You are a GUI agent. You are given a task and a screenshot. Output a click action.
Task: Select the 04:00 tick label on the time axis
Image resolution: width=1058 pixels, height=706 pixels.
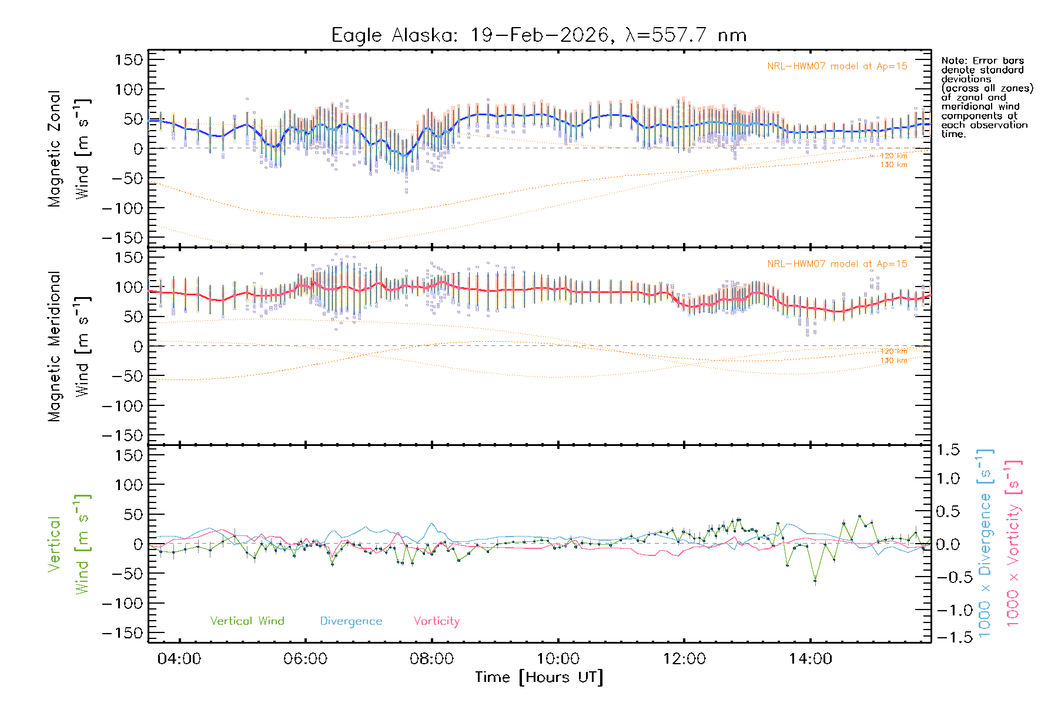[x=179, y=659]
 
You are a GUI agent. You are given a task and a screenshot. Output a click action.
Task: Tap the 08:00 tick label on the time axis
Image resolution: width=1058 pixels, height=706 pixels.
[x=431, y=659]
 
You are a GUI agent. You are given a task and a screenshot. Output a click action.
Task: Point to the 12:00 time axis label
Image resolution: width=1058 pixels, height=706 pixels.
[x=684, y=659]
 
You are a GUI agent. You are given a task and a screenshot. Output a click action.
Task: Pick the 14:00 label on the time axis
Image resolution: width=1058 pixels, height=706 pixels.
[x=810, y=659]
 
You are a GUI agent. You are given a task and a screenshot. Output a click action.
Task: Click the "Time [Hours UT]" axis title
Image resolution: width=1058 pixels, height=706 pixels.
[x=539, y=677]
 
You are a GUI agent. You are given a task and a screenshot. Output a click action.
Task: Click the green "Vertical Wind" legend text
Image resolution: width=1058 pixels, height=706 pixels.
[x=247, y=621]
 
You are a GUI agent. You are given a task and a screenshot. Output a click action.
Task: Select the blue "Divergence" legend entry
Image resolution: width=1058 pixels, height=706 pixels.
[x=351, y=621]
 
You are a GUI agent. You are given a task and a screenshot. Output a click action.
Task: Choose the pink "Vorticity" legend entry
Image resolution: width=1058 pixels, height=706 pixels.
[x=436, y=621]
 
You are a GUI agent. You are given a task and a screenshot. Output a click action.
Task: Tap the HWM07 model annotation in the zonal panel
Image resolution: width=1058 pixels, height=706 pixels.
[x=837, y=66]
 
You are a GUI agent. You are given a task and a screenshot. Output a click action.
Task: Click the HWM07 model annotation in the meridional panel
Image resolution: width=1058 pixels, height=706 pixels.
[x=837, y=264]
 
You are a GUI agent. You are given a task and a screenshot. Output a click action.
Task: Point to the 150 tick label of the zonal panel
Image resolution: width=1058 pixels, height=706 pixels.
[x=129, y=59]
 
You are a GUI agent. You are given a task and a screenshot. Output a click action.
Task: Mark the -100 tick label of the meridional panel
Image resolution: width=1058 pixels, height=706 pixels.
[x=122, y=405]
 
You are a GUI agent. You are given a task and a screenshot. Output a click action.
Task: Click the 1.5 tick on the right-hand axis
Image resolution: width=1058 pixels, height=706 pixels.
[x=947, y=450]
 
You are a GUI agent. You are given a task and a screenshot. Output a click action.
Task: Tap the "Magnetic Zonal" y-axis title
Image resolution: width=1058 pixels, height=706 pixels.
[x=54, y=148]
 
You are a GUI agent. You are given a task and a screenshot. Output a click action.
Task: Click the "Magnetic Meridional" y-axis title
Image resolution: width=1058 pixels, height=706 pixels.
[x=54, y=346]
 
